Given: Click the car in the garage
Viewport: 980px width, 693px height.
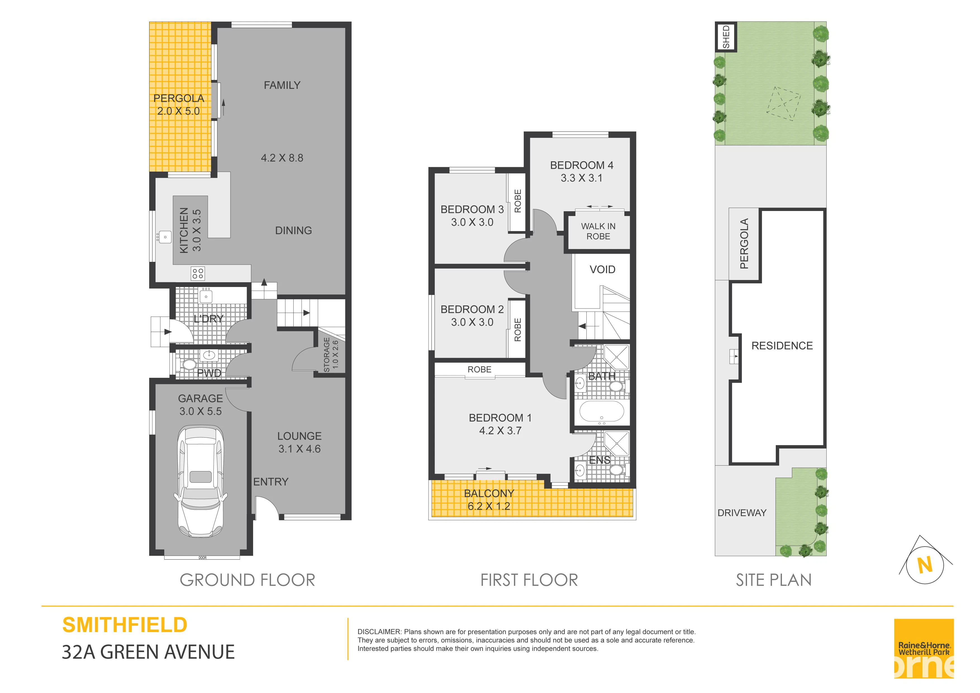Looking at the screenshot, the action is tap(201, 481).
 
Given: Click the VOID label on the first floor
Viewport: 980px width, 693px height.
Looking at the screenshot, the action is tap(602, 269).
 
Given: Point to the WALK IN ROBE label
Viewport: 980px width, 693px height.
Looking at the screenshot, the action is tap(598, 231).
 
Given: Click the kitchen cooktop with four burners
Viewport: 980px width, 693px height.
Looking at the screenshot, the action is tap(198, 273).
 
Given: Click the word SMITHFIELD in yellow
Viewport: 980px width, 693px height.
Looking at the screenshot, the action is tap(125, 625).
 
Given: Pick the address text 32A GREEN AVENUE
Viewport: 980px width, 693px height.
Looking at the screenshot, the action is tap(148, 652).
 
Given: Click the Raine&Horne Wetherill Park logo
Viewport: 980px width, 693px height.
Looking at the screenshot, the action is tap(924, 649).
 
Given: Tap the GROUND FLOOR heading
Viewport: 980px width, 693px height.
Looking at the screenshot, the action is tap(247, 580).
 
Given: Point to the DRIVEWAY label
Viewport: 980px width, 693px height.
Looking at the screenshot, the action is tap(742, 513).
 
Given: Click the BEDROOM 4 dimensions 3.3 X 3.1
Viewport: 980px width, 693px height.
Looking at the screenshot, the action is tap(581, 178).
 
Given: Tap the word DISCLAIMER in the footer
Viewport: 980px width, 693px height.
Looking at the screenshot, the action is tap(379, 632).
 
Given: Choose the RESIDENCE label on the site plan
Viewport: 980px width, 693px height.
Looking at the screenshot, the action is tap(782, 346).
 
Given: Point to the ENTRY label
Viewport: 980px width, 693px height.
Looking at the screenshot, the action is tap(271, 482).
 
